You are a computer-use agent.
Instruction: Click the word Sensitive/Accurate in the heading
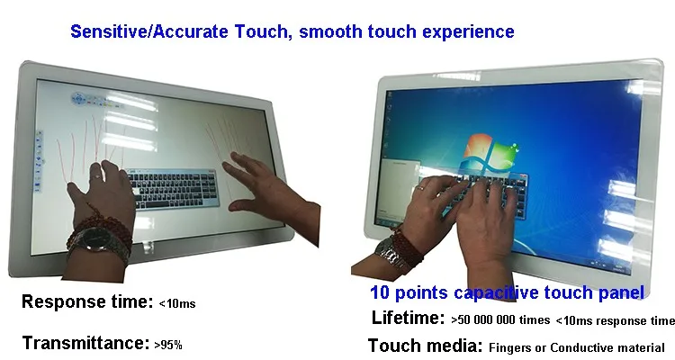(x=148, y=31)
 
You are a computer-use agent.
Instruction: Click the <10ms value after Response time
(x=177, y=303)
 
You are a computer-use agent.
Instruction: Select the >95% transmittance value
(x=168, y=345)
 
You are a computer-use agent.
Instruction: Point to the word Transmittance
(x=85, y=343)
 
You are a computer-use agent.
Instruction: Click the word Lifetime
(x=408, y=318)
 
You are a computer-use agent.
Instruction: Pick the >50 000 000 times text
(x=500, y=320)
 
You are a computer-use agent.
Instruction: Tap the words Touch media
(x=426, y=346)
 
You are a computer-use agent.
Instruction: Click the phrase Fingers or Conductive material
(x=577, y=347)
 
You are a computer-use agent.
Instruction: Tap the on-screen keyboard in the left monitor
(x=173, y=188)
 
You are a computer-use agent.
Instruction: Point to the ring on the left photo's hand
(x=98, y=177)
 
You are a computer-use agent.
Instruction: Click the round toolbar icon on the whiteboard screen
(x=79, y=99)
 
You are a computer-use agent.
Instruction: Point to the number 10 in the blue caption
(x=380, y=292)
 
